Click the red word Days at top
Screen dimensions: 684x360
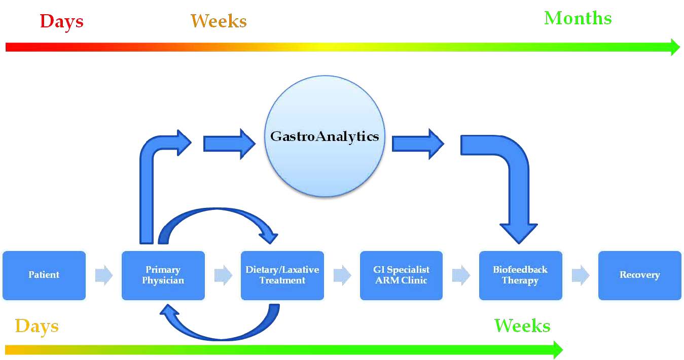pos(62,22)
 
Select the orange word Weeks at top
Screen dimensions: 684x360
pos(219,21)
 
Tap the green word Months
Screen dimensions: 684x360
pos(578,18)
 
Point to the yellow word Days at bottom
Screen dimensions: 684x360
pos(37,327)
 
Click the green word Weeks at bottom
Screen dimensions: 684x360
pos(522,326)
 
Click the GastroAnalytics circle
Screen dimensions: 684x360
pos(325,136)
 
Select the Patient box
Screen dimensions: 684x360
pos(44,275)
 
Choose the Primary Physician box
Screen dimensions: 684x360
pos(163,275)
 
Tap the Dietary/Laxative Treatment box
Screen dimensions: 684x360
pos(282,275)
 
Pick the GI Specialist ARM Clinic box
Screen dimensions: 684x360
pos(401,275)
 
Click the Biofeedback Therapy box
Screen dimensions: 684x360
pos(521,275)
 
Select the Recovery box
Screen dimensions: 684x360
pos(640,275)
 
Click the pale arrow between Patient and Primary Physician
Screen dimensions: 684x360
pos(104,275)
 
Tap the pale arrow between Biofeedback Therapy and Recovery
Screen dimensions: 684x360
pos(581,275)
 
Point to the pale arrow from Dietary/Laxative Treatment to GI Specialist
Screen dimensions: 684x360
pos(342,275)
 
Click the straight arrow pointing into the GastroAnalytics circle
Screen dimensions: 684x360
pos(229,144)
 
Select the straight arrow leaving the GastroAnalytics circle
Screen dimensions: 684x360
pos(418,144)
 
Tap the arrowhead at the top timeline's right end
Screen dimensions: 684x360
pos(675,47)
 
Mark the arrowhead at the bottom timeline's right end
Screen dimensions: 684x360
pos(558,350)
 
